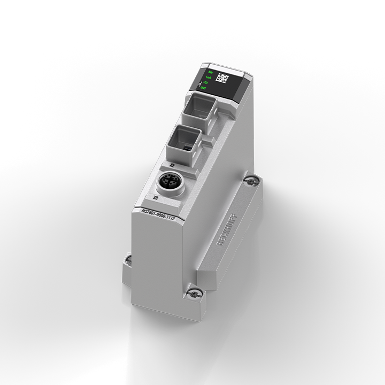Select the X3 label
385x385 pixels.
tap(155, 198)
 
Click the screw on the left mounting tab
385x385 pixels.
tap(127, 260)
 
